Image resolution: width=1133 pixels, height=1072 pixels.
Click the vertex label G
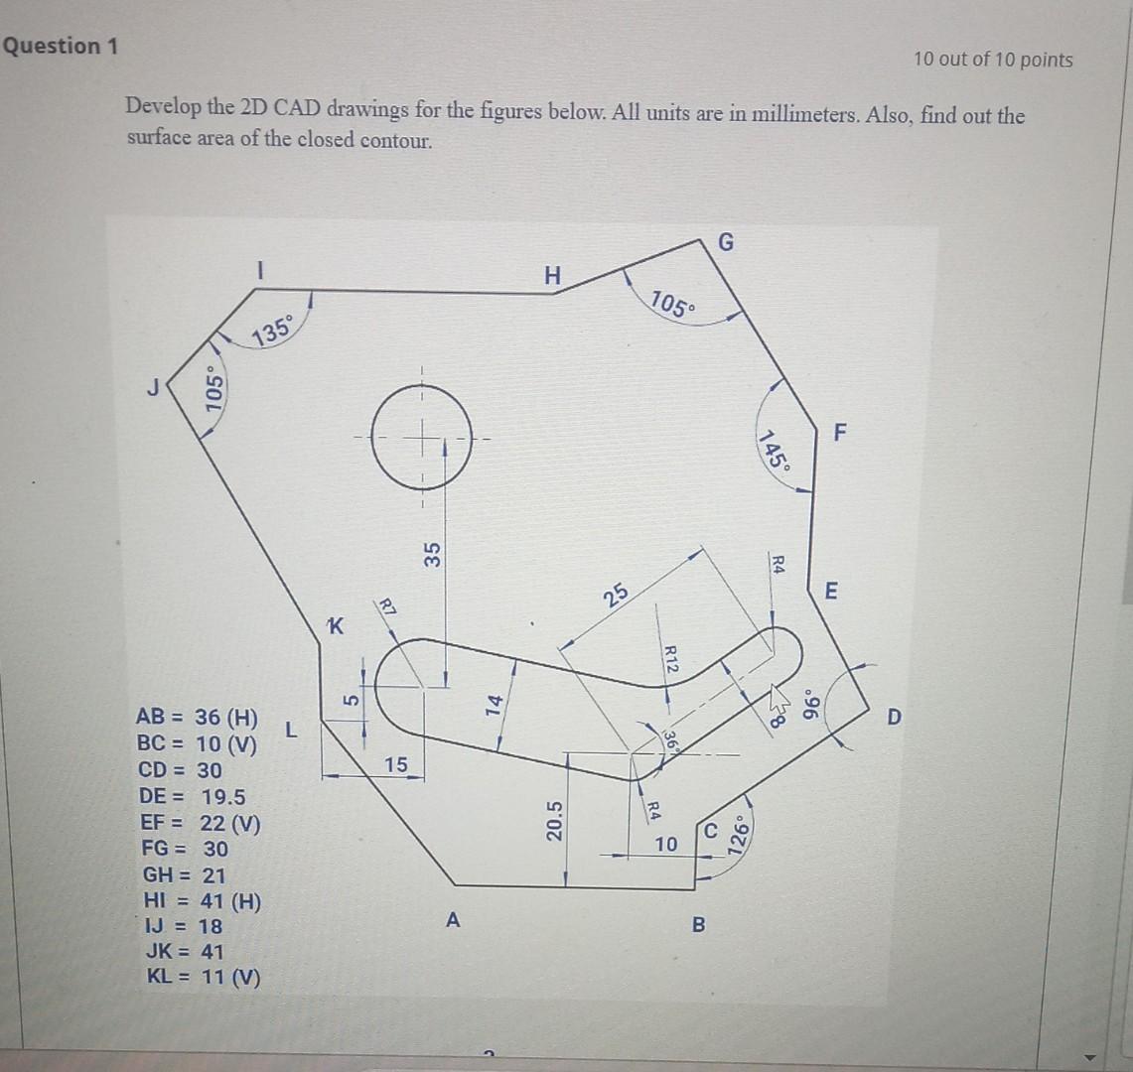coord(727,243)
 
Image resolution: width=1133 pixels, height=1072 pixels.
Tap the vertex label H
coord(553,276)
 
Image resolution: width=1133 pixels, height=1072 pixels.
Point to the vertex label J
coord(154,388)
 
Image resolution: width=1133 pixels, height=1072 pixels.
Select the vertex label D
coord(895,717)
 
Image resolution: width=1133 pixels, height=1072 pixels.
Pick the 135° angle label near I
coord(273,329)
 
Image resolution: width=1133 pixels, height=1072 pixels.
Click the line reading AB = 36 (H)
coord(197,718)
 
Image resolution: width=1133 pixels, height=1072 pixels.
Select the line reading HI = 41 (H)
coord(203,901)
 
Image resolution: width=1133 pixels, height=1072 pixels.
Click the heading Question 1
coord(61,47)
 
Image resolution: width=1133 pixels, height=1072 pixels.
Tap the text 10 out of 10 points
coord(993,60)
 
